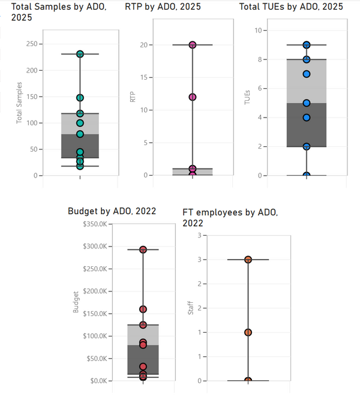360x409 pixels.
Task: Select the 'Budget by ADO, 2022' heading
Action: (x=112, y=211)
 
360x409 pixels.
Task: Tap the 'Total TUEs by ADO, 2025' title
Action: (x=291, y=7)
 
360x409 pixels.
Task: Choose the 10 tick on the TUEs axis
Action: (x=257, y=30)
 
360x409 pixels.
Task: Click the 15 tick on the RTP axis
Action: (x=143, y=77)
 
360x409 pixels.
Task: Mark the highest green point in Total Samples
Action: (x=80, y=54)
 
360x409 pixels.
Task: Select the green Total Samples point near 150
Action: (x=80, y=98)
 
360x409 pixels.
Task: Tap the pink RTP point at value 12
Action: (x=192, y=97)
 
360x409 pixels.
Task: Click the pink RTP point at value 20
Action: (x=192, y=45)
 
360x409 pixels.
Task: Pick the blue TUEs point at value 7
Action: (x=306, y=74)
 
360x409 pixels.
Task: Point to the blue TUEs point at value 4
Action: (x=306, y=118)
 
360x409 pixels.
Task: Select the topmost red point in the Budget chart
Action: (x=143, y=249)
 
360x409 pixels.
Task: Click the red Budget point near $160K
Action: (x=143, y=309)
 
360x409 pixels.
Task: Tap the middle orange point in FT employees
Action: (x=248, y=332)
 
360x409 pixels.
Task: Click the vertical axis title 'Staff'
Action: (x=191, y=309)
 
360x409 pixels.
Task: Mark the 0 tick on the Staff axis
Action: (x=199, y=381)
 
